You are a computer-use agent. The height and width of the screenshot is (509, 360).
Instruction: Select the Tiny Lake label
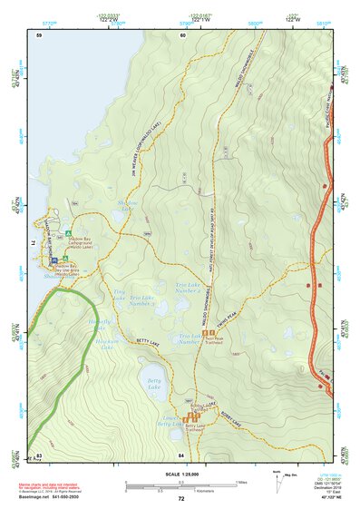click(119, 295)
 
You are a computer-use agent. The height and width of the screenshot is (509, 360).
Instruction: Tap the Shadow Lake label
click(125, 207)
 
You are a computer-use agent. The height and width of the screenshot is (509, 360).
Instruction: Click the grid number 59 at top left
click(39, 34)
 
